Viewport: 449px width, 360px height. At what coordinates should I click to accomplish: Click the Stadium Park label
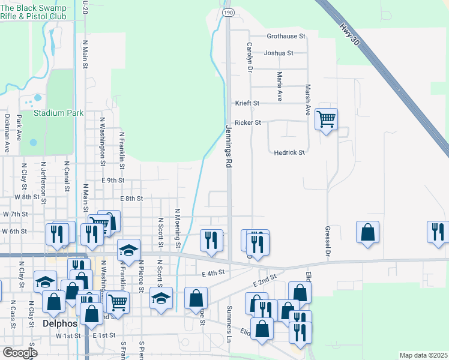coord(58,113)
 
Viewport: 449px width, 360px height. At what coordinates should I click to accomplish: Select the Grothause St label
coord(286,37)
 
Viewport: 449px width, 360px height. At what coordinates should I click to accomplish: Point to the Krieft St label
coord(247,103)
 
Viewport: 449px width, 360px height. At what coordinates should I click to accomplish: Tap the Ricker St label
coord(248,122)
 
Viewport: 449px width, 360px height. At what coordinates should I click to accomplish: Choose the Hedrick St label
coord(289,152)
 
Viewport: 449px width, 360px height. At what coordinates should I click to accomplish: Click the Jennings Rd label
coord(229,147)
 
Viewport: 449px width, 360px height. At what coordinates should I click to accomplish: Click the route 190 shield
coord(228,12)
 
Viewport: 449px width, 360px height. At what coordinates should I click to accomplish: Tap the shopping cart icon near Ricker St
coord(326,119)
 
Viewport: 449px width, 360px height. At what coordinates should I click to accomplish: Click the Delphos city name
coord(61,323)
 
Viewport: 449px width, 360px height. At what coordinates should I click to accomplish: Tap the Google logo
coord(20,353)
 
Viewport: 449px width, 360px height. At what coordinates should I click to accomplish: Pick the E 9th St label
coord(113,180)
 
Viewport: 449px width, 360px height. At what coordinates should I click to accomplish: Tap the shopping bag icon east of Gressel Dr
coord(367,232)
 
